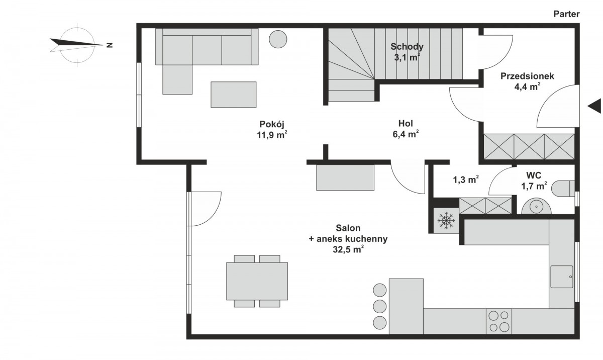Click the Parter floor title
566,14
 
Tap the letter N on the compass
110,45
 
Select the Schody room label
407,47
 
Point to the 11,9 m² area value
272,135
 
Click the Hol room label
406,124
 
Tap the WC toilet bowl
563,189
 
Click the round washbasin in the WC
536,207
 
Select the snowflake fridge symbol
446,221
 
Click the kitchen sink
562,277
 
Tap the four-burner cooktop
499,321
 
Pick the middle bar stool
379,306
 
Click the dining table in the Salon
257,281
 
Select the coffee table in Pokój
233,95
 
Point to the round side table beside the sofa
278,39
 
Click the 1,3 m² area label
466,179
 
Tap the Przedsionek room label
527,76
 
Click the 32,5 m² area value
348,249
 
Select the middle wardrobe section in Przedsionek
529,146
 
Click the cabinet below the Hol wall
345,177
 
